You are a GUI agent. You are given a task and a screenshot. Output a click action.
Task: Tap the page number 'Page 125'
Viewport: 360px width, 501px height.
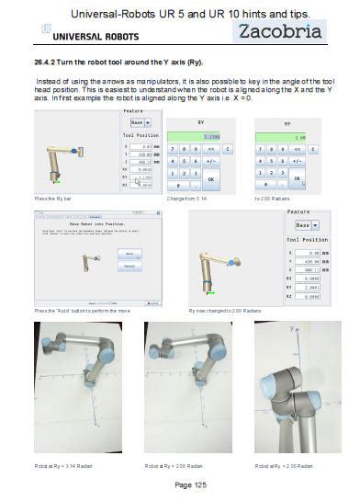pos(180,484)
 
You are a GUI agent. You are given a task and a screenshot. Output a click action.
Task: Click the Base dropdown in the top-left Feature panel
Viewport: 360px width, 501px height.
pos(141,122)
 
